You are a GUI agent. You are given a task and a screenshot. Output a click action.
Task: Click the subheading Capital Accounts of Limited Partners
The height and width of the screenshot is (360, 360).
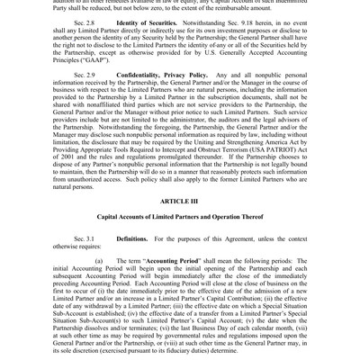click(179, 221)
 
